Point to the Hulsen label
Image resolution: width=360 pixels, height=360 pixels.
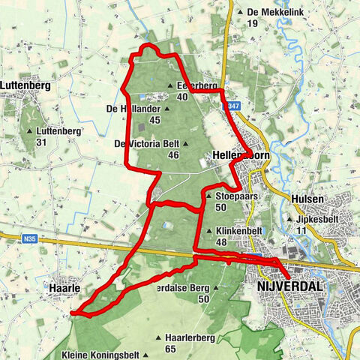pos(307,198)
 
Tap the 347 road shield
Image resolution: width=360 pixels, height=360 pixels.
pos(234,106)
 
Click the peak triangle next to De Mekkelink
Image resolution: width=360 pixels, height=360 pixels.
pos(240,13)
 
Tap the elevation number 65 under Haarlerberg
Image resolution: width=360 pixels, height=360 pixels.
pos(170,349)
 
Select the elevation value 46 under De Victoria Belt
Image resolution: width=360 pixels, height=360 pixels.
pos(174,155)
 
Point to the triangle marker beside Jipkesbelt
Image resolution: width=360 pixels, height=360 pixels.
pos(289,219)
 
